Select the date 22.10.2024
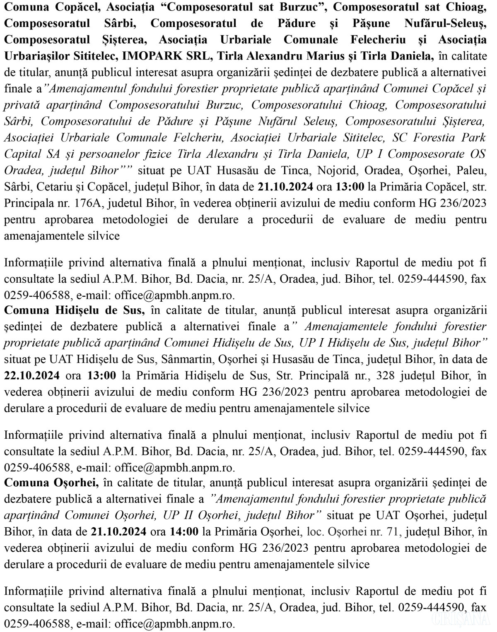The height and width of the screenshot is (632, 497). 32,376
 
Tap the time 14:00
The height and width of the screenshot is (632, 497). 184,531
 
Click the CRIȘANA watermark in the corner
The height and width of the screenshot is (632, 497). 460,620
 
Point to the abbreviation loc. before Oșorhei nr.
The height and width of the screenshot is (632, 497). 315,531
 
